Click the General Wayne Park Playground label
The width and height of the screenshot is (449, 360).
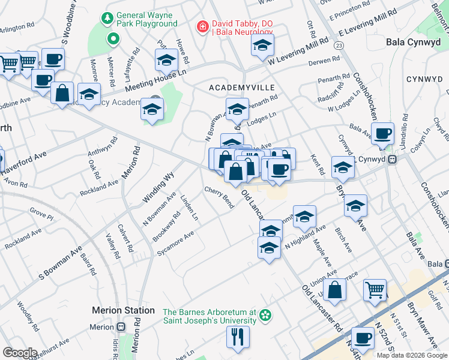147,19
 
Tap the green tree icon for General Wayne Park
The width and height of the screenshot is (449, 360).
107,18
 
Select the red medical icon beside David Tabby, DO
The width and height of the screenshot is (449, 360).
203,27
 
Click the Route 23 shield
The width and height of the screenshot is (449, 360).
340,45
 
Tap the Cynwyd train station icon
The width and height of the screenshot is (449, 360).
392,160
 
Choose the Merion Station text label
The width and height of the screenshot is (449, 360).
123,310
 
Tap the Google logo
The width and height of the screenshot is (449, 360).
20,353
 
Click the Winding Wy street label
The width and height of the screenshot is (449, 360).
158,187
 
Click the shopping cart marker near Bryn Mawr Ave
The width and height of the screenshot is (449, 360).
375,290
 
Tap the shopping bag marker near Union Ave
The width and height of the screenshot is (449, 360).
337,289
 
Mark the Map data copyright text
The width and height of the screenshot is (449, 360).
411,355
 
